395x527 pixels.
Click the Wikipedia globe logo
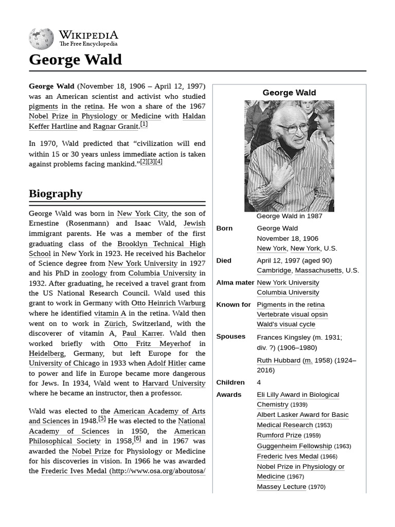tap(41, 39)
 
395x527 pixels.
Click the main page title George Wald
tap(76, 60)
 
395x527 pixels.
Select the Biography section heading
tap(56, 194)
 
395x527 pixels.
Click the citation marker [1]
tap(144, 125)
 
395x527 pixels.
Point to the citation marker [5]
tap(102, 419)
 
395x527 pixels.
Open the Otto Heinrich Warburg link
tap(168, 303)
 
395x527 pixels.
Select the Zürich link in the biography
tap(115, 323)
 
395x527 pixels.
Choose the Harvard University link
tap(173, 383)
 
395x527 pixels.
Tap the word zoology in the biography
tap(94, 273)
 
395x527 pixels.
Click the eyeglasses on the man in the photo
tap(292, 128)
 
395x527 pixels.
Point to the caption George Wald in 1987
tap(289, 216)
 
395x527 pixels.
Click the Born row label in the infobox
tap(224, 229)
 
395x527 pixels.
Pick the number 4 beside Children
tap(259, 382)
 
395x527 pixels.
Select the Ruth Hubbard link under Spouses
tap(278, 360)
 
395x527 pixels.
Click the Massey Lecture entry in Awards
tap(281, 486)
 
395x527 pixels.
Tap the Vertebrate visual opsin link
tap(292, 314)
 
